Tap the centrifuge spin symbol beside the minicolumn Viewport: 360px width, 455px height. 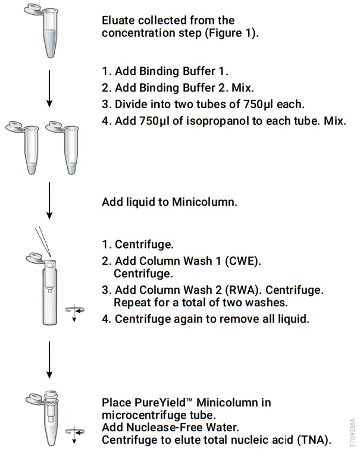point(74,310)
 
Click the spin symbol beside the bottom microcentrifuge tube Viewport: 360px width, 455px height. point(74,433)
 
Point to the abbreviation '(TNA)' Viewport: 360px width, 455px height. point(313,440)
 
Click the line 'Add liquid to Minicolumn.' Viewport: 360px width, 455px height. point(170,202)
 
